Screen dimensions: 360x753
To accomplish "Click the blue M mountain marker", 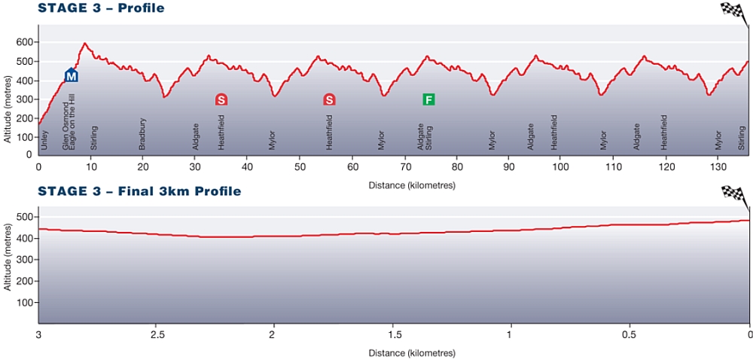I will pos(72,75).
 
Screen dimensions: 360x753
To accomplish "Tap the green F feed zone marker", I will pos(428,99).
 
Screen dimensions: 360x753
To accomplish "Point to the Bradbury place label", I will pos(142,134).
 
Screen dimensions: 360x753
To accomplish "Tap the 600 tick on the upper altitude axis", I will pos(25,42).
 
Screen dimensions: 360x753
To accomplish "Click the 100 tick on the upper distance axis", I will pos(559,166).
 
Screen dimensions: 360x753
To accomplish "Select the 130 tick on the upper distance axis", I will pos(716,166).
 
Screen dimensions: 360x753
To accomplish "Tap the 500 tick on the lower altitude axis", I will pos(25,217).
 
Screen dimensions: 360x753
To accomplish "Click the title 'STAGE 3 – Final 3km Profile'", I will pos(139,191).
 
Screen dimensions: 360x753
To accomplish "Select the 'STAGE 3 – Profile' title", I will pos(101,8).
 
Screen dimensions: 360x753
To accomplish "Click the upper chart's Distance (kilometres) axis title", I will pos(411,184).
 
